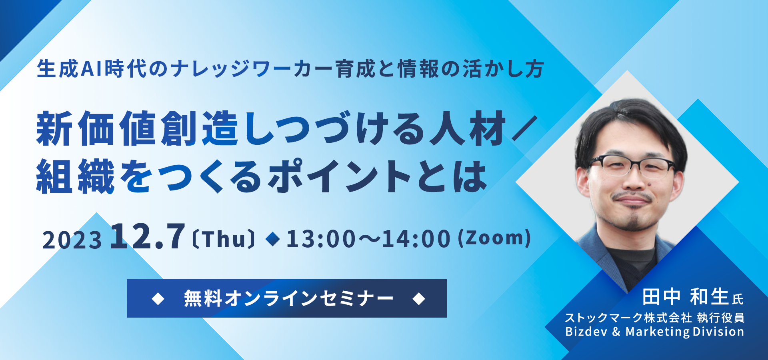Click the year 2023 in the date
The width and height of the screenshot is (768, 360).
[72, 240]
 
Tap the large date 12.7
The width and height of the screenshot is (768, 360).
[148, 236]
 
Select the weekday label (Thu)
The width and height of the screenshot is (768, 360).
[223, 239]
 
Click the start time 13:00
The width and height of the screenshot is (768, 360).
[321, 239]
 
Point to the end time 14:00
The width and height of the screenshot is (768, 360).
[416, 239]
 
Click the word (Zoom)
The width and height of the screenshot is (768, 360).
[494, 238]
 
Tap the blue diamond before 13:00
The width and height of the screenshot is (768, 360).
[273, 239]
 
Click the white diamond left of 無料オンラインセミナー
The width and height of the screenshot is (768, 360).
[158, 298]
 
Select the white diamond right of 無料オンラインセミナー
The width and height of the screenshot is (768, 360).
[419, 298]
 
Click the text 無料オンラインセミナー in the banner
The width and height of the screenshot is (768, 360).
[288, 298]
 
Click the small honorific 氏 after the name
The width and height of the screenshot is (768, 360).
[738, 299]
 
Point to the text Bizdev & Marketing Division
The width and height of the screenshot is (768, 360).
[654, 332]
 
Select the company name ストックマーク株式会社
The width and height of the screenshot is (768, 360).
[628, 318]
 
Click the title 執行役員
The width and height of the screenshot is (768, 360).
[721, 318]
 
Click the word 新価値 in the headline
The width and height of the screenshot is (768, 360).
[96, 129]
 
